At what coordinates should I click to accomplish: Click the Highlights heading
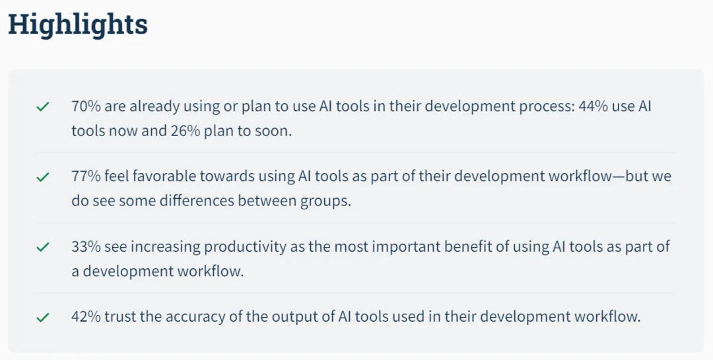pos(78,25)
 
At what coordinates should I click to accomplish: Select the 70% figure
pos(86,106)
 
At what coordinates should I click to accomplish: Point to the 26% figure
pos(186,131)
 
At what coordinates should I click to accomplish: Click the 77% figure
pos(86,176)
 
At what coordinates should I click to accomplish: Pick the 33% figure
pos(86,246)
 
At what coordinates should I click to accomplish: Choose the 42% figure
pos(86,316)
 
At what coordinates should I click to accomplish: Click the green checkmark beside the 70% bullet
pos(43,107)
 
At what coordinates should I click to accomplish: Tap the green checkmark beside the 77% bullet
pos(43,177)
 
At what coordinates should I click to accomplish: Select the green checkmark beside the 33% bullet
pos(43,247)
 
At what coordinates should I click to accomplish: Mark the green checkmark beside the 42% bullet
pos(43,317)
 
